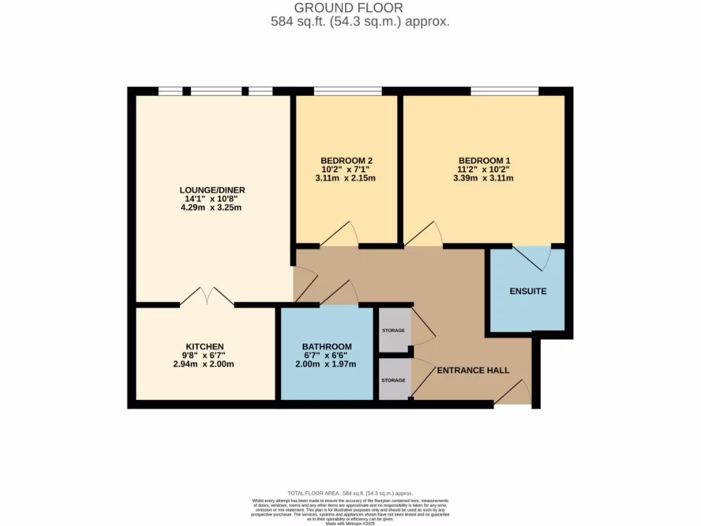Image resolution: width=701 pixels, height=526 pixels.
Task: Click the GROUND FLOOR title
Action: [349, 8]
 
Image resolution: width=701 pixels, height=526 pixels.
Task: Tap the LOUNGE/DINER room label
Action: [212, 190]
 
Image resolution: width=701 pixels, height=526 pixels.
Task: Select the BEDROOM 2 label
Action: [346, 160]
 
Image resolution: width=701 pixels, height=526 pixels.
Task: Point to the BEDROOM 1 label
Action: [484, 160]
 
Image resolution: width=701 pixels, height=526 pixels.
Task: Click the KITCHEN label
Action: [205, 347]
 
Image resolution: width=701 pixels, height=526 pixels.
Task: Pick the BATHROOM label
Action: [327, 347]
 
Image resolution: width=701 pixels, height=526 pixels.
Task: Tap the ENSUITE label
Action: [528, 291]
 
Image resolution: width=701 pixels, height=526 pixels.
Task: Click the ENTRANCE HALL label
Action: [473, 370]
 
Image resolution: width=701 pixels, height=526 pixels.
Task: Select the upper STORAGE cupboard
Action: [394, 330]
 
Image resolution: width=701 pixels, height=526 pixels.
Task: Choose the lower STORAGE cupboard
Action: [394, 379]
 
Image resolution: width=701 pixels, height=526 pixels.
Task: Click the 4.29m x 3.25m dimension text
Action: [212, 208]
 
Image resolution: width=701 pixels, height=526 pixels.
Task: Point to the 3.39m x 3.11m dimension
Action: [483, 178]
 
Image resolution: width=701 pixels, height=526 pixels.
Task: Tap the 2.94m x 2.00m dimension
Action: [205, 364]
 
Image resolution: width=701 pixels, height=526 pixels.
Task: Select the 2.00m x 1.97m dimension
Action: [327, 364]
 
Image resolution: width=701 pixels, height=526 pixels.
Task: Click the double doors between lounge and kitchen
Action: [207, 297]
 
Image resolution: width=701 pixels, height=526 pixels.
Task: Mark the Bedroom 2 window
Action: [348, 91]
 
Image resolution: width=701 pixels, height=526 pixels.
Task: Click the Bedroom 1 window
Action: [505, 91]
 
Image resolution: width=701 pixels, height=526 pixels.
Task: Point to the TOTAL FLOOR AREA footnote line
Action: [350, 493]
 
